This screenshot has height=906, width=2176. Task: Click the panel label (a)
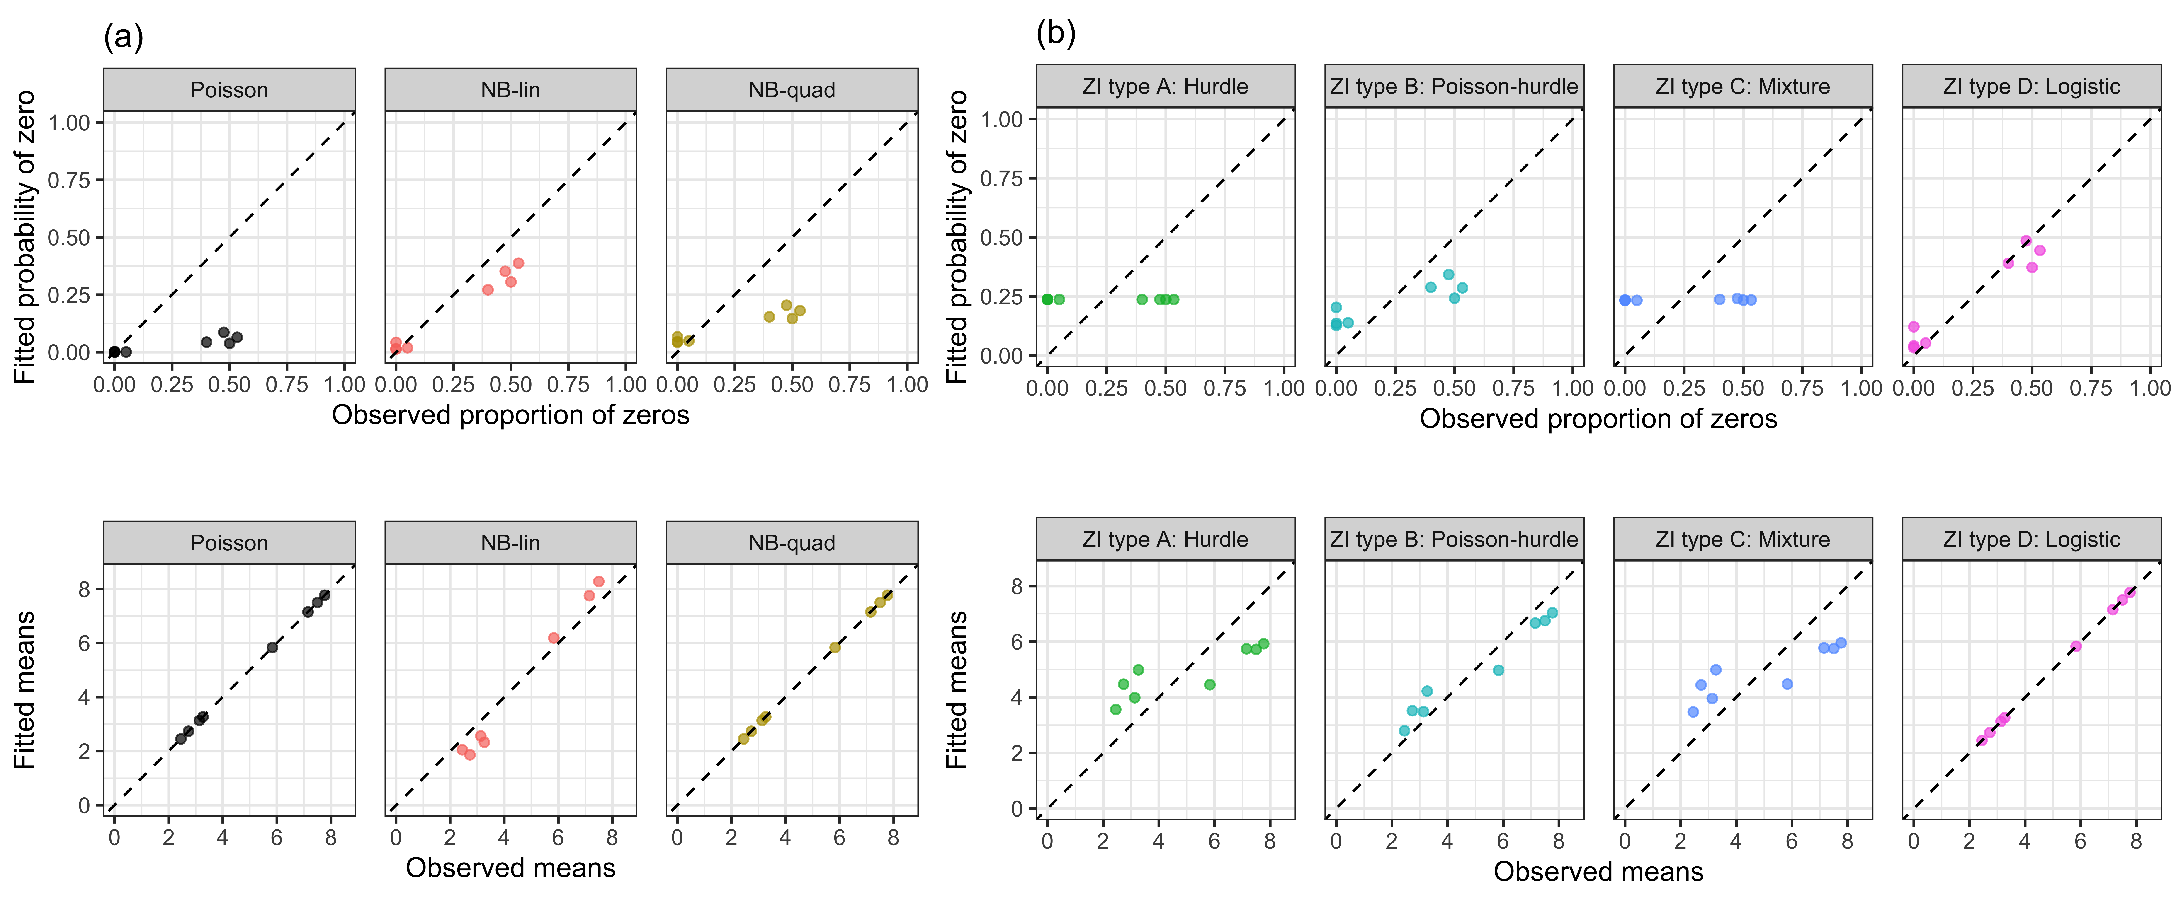click(123, 37)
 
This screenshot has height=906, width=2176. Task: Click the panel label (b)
click(1056, 34)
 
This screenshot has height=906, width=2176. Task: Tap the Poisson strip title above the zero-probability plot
click(229, 89)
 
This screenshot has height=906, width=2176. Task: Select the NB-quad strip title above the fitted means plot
click(792, 543)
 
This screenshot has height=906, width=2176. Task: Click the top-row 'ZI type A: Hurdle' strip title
click(1165, 86)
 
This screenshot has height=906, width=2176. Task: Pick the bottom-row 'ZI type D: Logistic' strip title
click(2031, 540)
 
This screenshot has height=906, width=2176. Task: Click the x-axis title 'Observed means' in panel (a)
click(510, 868)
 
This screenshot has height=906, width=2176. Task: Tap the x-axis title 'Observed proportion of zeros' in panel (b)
click(1598, 419)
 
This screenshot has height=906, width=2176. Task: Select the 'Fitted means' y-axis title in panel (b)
click(956, 690)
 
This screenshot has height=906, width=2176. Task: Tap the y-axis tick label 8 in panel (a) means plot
click(85, 589)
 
